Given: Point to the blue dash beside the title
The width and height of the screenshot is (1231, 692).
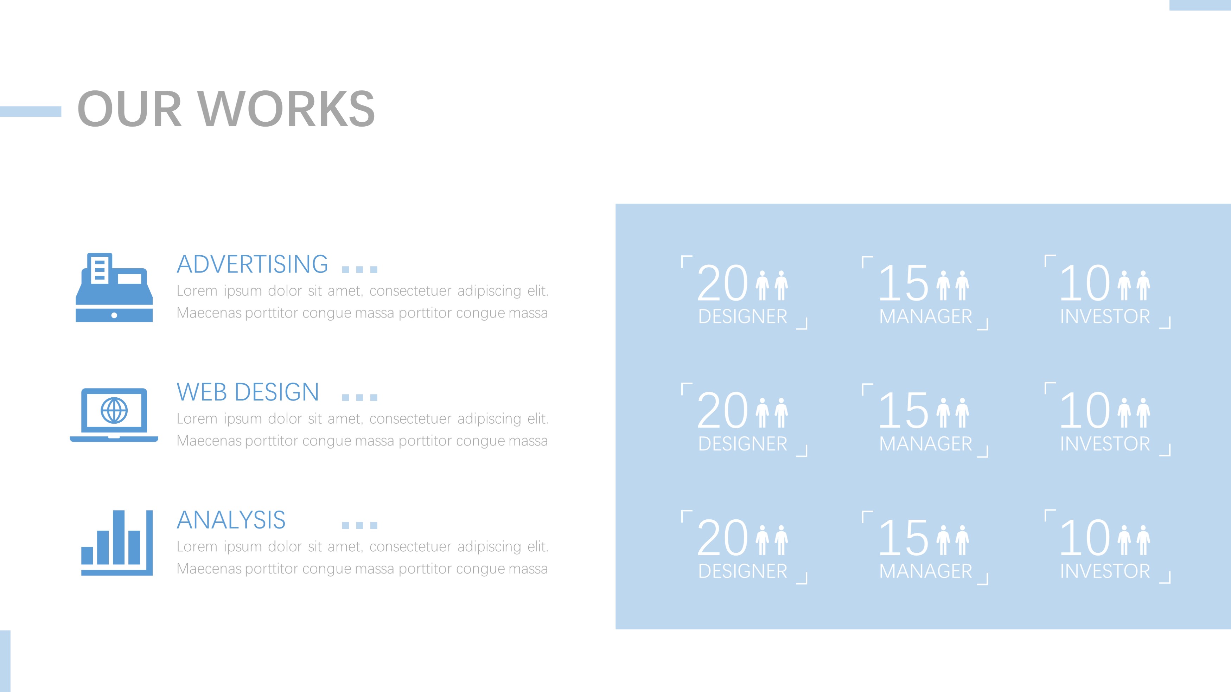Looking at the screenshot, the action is point(31,111).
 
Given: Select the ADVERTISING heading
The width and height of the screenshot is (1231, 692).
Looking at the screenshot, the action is point(252,264).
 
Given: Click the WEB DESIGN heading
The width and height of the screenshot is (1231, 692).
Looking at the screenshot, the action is point(248,392).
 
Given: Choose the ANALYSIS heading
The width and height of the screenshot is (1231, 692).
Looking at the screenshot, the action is point(231,520).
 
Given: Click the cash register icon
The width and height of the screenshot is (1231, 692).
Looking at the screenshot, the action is point(114,287).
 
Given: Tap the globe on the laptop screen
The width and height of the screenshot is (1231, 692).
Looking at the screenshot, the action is point(114,410).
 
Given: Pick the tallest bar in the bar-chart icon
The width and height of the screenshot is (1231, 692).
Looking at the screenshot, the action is point(119,537).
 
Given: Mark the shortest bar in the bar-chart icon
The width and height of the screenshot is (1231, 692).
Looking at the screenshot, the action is point(87,555).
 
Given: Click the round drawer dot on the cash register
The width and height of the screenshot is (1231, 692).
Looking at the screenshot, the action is point(114,315).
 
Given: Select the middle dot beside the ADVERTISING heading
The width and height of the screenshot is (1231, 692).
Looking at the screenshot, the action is point(360,270).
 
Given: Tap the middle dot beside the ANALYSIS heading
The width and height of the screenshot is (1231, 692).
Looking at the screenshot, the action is point(360,525).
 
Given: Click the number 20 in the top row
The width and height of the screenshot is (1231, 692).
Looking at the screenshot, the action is point(722,283).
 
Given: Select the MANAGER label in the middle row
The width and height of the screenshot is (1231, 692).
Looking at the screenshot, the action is point(926,444).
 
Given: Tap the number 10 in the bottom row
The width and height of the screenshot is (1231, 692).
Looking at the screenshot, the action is point(1085,538).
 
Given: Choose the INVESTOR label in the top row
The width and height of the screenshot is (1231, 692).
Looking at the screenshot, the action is point(1105,316).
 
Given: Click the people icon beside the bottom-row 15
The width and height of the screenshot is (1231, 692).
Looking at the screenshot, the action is point(953,540).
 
